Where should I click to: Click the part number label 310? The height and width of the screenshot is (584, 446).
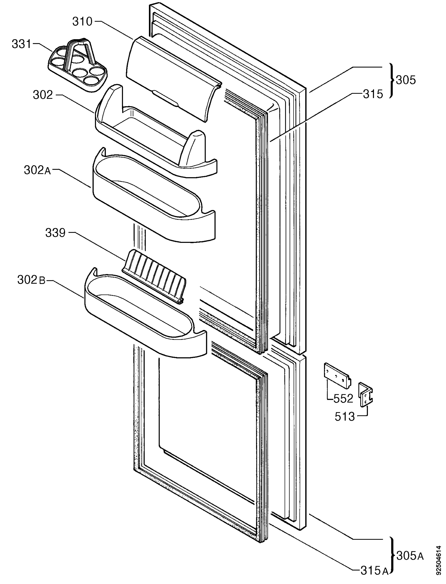coord(82,21)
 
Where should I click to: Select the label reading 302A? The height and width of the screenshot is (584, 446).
coord(37,170)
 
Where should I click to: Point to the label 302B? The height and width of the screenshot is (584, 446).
coord(31,280)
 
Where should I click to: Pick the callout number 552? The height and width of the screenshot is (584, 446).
coord(343,399)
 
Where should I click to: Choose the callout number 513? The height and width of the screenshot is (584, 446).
coord(344,417)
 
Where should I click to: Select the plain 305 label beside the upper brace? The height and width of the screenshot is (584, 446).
coord(406,80)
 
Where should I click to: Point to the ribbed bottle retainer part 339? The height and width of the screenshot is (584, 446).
coord(154,276)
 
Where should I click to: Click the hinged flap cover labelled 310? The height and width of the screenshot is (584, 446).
coord(174,79)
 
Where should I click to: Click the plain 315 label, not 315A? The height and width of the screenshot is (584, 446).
coord(373,94)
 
